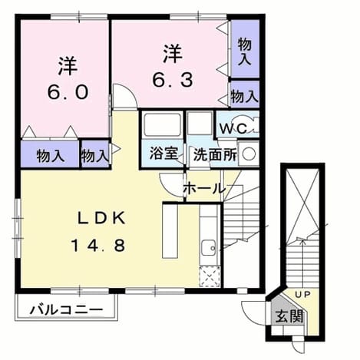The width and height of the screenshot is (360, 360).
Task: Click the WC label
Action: pos(233,129)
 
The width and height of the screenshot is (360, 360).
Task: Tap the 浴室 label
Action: pos(163,154)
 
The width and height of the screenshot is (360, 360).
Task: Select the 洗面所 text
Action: pos(215,154)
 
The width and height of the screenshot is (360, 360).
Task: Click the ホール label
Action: pos(205,189)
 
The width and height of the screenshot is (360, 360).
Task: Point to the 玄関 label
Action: pos(289,316)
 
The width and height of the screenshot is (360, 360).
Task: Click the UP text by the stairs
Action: pos(302,294)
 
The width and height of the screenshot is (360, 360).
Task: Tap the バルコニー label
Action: pos(67,310)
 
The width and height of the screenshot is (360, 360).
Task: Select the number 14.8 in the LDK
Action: pos(98,245)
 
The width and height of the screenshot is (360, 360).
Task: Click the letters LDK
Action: pos(101,219)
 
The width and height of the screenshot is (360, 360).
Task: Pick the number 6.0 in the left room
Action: pos(68,92)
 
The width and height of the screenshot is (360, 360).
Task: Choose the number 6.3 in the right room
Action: pos(173,80)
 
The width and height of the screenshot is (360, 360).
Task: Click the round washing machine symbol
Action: pos(249,154)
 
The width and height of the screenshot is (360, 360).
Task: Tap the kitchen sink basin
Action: pos(209,248)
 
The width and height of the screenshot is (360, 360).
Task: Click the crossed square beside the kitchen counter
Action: pos(210,276)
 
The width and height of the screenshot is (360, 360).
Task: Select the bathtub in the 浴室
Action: pos(163,125)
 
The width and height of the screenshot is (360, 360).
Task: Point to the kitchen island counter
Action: pos(170,230)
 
